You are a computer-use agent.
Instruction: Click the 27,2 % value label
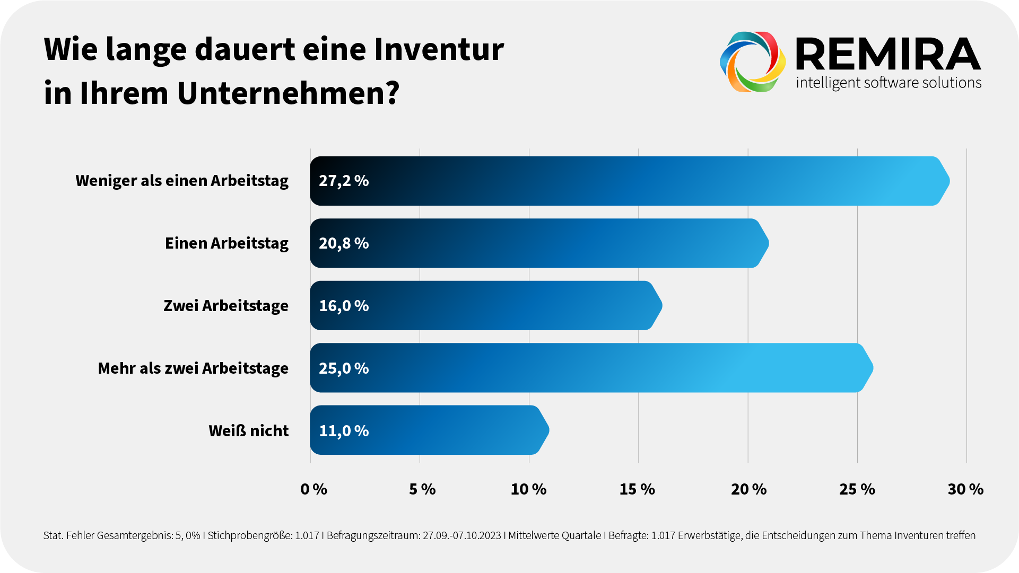[344, 181]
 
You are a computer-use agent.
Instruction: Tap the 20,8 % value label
[344, 243]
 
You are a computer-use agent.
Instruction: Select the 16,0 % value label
[344, 306]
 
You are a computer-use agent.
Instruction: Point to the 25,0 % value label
[344, 368]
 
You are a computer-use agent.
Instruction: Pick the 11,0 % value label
[344, 431]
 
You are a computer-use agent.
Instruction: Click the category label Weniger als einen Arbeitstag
[182, 181]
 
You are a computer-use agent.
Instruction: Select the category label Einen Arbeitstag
[227, 243]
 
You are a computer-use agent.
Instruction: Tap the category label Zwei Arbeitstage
[226, 306]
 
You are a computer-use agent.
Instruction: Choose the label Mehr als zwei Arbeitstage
[193, 368]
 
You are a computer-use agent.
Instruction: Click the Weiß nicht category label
[248, 431]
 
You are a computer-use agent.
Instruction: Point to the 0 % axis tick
[313, 489]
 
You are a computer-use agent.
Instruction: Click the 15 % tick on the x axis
[637, 489]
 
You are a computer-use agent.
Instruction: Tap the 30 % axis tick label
[965, 489]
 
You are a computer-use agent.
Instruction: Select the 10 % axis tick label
[528, 489]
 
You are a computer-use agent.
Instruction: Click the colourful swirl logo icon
[753, 61]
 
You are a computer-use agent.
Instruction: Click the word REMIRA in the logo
[889, 55]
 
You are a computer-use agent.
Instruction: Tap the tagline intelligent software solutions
[889, 83]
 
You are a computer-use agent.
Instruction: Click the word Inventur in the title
[439, 49]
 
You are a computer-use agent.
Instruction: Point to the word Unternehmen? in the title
[288, 93]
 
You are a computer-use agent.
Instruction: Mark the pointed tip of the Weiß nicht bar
[548, 430]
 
